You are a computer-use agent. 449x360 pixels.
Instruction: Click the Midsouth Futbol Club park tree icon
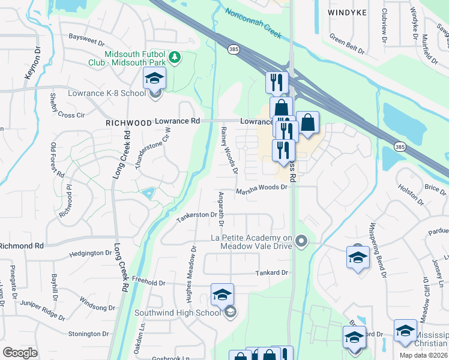tap(175, 58)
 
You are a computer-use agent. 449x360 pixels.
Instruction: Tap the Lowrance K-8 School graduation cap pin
tap(154, 79)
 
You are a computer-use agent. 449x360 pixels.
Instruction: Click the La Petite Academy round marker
tap(302, 242)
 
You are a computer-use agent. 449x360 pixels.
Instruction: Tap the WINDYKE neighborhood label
tap(348, 12)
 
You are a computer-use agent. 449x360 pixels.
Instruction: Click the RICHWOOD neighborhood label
tap(128, 122)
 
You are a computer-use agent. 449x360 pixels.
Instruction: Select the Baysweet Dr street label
tap(86, 43)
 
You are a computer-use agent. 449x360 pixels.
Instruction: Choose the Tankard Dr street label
tap(272, 272)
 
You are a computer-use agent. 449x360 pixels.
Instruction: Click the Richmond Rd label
tap(22, 246)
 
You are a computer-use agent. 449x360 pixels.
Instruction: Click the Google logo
tap(20, 353)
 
